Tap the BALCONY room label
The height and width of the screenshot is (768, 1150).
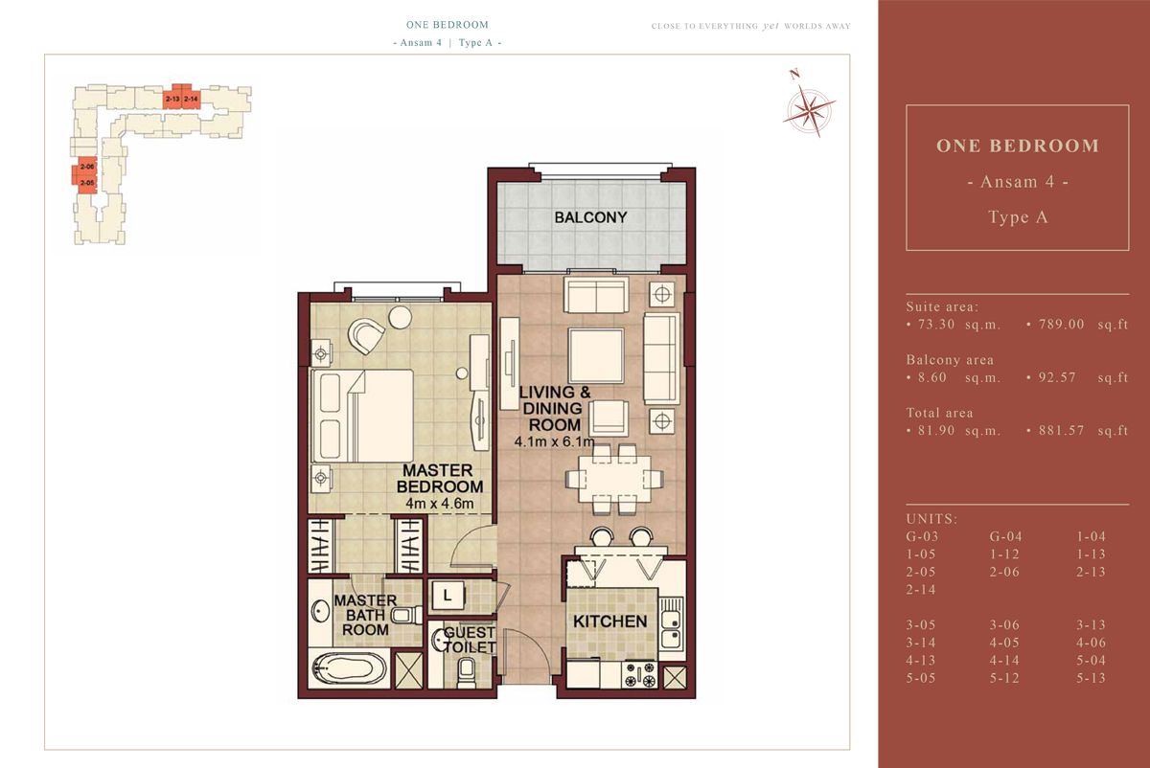(590, 217)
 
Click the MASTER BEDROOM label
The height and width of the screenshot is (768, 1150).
(436, 478)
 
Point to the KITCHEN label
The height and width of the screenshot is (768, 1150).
(609, 621)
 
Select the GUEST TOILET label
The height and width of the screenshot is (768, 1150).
(470, 640)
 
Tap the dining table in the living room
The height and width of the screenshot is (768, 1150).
(610, 476)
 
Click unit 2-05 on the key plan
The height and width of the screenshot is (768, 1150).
(86, 182)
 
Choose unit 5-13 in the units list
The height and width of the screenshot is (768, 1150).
(1091, 678)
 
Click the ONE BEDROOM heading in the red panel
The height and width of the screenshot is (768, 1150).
(1017, 147)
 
